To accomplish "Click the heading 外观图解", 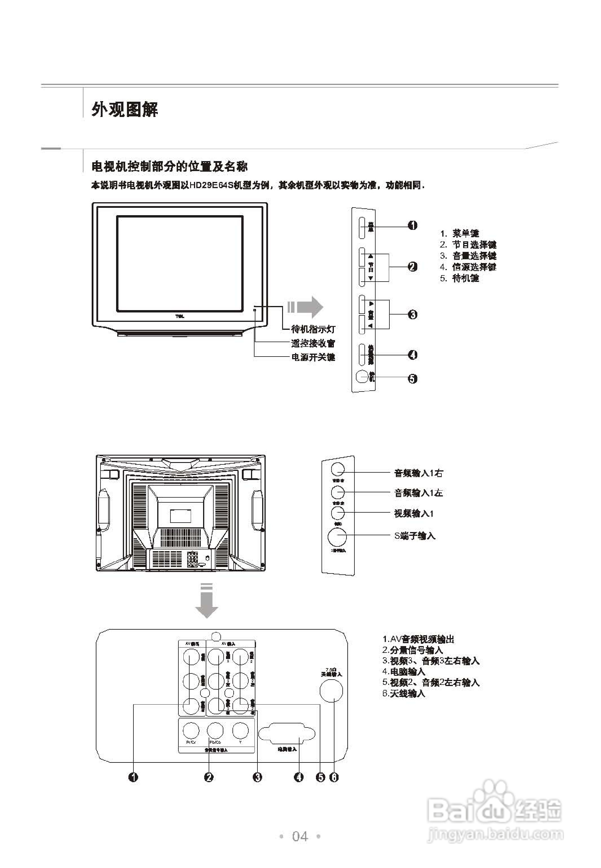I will pos(125,110).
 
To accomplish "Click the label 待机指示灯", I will pos(313,329).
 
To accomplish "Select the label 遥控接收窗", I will pos(313,343).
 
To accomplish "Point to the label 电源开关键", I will pos(313,357).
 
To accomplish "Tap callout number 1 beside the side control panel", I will pos(413,225).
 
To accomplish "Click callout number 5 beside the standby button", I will pos(413,379).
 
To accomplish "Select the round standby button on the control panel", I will pos(362,377).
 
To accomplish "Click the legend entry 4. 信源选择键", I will pos(468,267).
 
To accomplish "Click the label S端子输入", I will pos(415,536).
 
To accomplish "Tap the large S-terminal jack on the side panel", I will pos(337,537).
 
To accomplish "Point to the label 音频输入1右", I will pos(418,473).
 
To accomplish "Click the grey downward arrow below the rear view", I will pos(207,601).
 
